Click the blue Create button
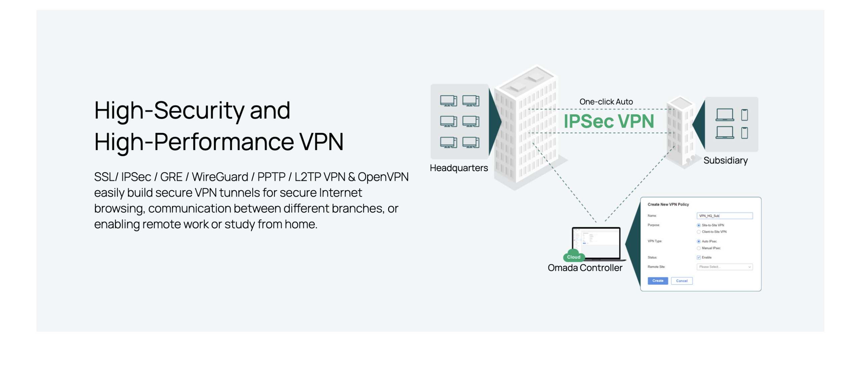(x=657, y=281)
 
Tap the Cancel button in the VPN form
(x=681, y=281)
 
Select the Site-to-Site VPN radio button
(x=698, y=225)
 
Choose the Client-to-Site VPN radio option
(x=698, y=232)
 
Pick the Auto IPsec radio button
(x=698, y=241)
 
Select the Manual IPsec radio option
(x=698, y=248)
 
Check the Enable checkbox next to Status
(x=698, y=257)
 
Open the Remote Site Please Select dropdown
(x=724, y=267)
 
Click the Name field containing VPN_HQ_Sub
(x=724, y=216)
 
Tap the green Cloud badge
(x=573, y=257)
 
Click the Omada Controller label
(x=585, y=268)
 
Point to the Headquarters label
(x=459, y=168)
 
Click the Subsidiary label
(x=725, y=160)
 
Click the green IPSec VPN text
(x=609, y=121)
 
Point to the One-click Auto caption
(x=606, y=102)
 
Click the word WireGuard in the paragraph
(x=220, y=177)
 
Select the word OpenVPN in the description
(x=383, y=177)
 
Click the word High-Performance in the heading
(x=194, y=142)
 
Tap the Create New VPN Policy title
(x=668, y=204)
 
